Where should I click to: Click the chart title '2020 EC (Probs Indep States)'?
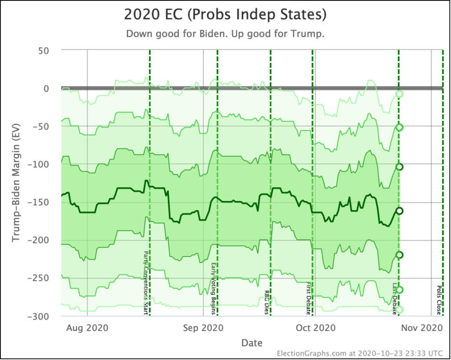pyautogui.click(x=225, y=15)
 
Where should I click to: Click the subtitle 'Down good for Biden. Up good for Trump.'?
pyautogui.click(x=225, y=34)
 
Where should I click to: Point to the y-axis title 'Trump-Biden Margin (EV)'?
pyautogui.click(x=16, y=183)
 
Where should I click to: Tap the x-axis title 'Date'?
pyautogui.click(x=252, y=342)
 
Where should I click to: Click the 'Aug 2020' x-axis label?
pyautogui.click(x=87, y=328)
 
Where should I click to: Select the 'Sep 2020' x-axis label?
pyautogui.click(x=203, y=328)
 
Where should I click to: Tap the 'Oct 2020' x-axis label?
pyautogui.click(x=315, y=328)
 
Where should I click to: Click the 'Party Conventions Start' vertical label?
pyautogui.click(x=146, y=283)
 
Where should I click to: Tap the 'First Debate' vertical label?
pyautogui.click(x=308, y=299)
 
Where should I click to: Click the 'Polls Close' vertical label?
pyautogui.click(x=439, y=300)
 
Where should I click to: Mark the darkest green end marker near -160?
pyautogui.click(x=399, y=211)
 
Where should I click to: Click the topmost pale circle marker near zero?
pyautogui.click(x=399, y=94)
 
